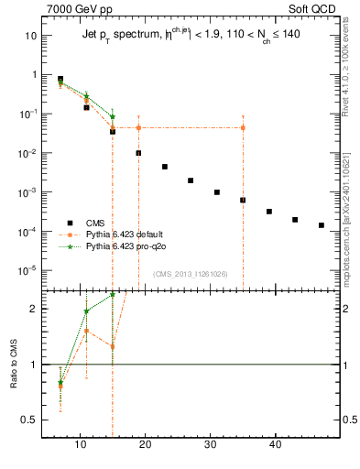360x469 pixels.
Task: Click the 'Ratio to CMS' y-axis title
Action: point(15,364)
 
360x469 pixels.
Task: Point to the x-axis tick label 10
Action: point(80,446)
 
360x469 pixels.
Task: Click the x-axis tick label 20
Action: point(146,446)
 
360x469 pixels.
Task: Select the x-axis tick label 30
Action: point(211,446)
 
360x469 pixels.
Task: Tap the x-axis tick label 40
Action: point(276,446)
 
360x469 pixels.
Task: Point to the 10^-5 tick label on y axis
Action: point(28,270)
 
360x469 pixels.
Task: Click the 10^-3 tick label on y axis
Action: point(28,192)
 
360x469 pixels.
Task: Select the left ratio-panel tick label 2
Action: point(34,309)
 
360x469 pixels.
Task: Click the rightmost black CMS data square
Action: point(321,224)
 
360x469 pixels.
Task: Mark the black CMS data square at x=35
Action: point(243,200)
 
